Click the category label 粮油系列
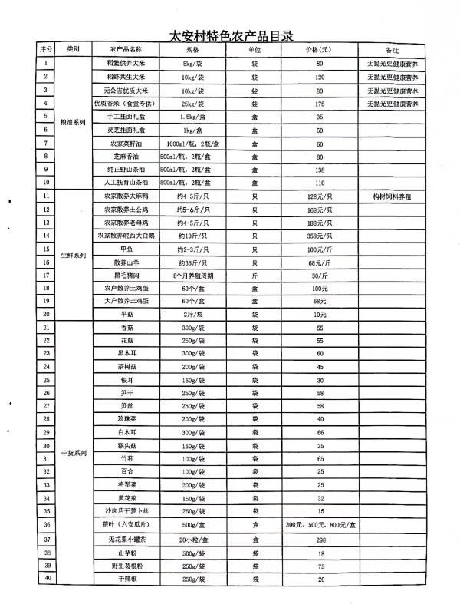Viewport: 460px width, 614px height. tap(73, 123)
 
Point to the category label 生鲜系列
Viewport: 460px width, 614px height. tap(73, 254)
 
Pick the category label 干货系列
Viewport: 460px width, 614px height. tap(73, 453)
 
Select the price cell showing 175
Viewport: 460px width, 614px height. tap(320, 103)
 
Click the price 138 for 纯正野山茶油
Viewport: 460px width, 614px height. tap(320, 169)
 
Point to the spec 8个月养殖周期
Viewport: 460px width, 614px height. tap(187, 274)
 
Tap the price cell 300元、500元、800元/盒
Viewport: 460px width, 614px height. tap(320, 525)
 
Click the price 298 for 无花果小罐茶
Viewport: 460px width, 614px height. tap(320, 539)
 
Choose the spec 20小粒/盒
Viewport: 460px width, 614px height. tap(187, 539)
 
